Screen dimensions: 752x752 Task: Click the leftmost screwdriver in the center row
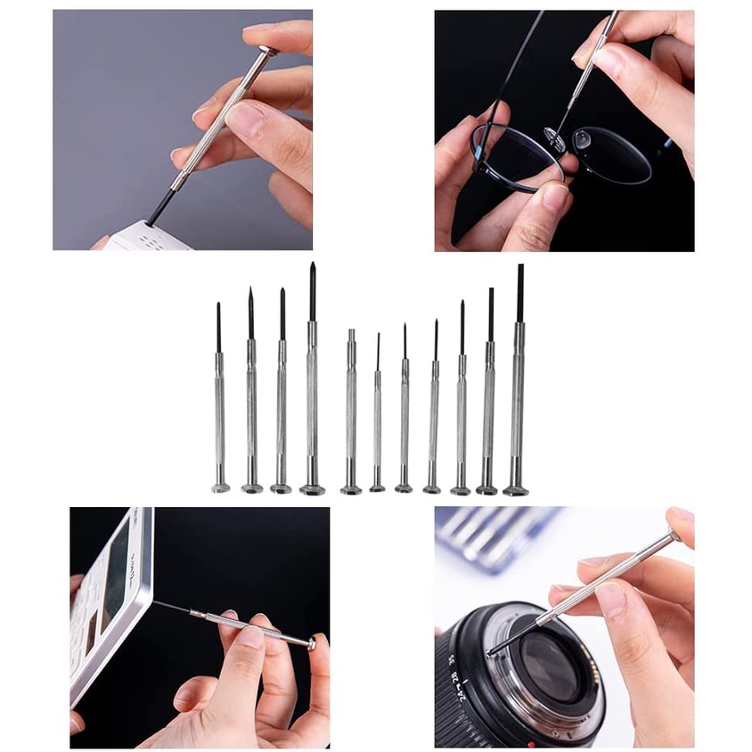pyautogui.click(x=219, y=410)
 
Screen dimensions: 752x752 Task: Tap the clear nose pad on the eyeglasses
pyautogui.click(x=582, y=139)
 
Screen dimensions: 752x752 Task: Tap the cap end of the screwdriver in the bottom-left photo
pyautogui.click(x=311, y=643)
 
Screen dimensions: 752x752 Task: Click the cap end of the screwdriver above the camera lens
pyautogui.click(x=675, y=535)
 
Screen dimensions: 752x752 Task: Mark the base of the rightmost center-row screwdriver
pyautogui.click(x=515, y=489)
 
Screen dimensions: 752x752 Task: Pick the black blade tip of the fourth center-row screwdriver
pyautogui.click(x=313, y=290)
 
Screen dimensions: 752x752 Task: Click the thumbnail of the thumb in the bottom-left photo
pyautogui.click(x=250, y=636)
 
